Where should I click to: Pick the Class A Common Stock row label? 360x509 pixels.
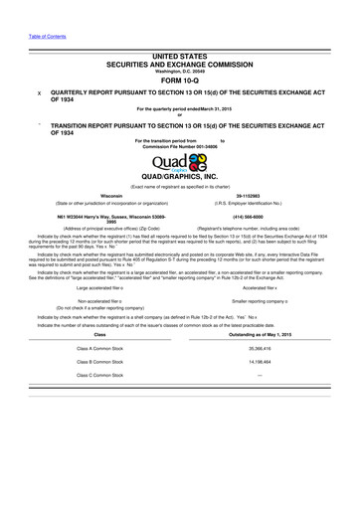coord(98,349)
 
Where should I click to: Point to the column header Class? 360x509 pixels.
coord(98,335)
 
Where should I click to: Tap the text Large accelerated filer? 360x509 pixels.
coord(99,287)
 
